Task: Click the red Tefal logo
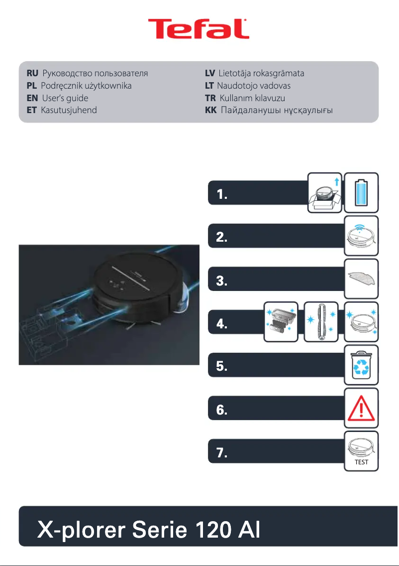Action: coord(199,30)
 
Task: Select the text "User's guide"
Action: coord(65,98)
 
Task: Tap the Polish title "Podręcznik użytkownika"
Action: coord(86,86)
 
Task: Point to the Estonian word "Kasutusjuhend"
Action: coord(69,110)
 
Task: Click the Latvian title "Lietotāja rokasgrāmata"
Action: coord(261,73)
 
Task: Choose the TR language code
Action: coord(210,98)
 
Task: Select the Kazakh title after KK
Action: coord(277,110)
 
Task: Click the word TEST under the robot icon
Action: coord(362,462)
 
